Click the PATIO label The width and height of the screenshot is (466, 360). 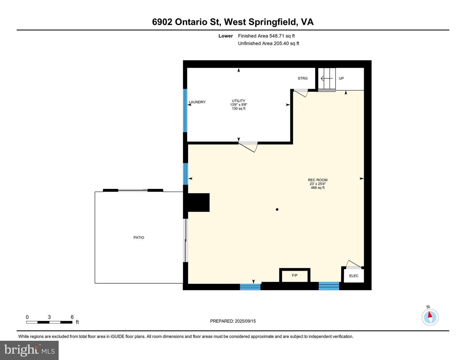click(139, 237)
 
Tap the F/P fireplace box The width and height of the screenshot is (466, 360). click(295, 275)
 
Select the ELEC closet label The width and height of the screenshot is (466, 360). click(354, 276)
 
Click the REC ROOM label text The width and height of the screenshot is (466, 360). click(317, 180)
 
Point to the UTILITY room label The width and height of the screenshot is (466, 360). click(239, 101)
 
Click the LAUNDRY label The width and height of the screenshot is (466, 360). click(197, 102)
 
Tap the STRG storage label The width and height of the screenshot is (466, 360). click(303, 78)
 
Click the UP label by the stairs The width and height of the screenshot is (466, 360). click(341, 78)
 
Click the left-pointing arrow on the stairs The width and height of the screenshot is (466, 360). click(327, 79)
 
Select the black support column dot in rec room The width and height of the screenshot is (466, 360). click(277, 209)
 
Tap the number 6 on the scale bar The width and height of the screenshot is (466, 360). click(72, 317)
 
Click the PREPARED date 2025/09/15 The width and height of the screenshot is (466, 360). click(245, 321)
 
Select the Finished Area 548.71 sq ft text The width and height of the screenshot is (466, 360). click(266, 36)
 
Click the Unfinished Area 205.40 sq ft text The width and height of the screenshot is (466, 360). click(269, 43)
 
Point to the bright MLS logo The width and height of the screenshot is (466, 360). click(29, 351)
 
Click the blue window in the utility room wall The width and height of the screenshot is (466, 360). click(185, 111)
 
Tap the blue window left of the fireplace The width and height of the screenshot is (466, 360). click(250, 287)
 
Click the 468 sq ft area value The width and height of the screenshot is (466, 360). click(317, 188)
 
